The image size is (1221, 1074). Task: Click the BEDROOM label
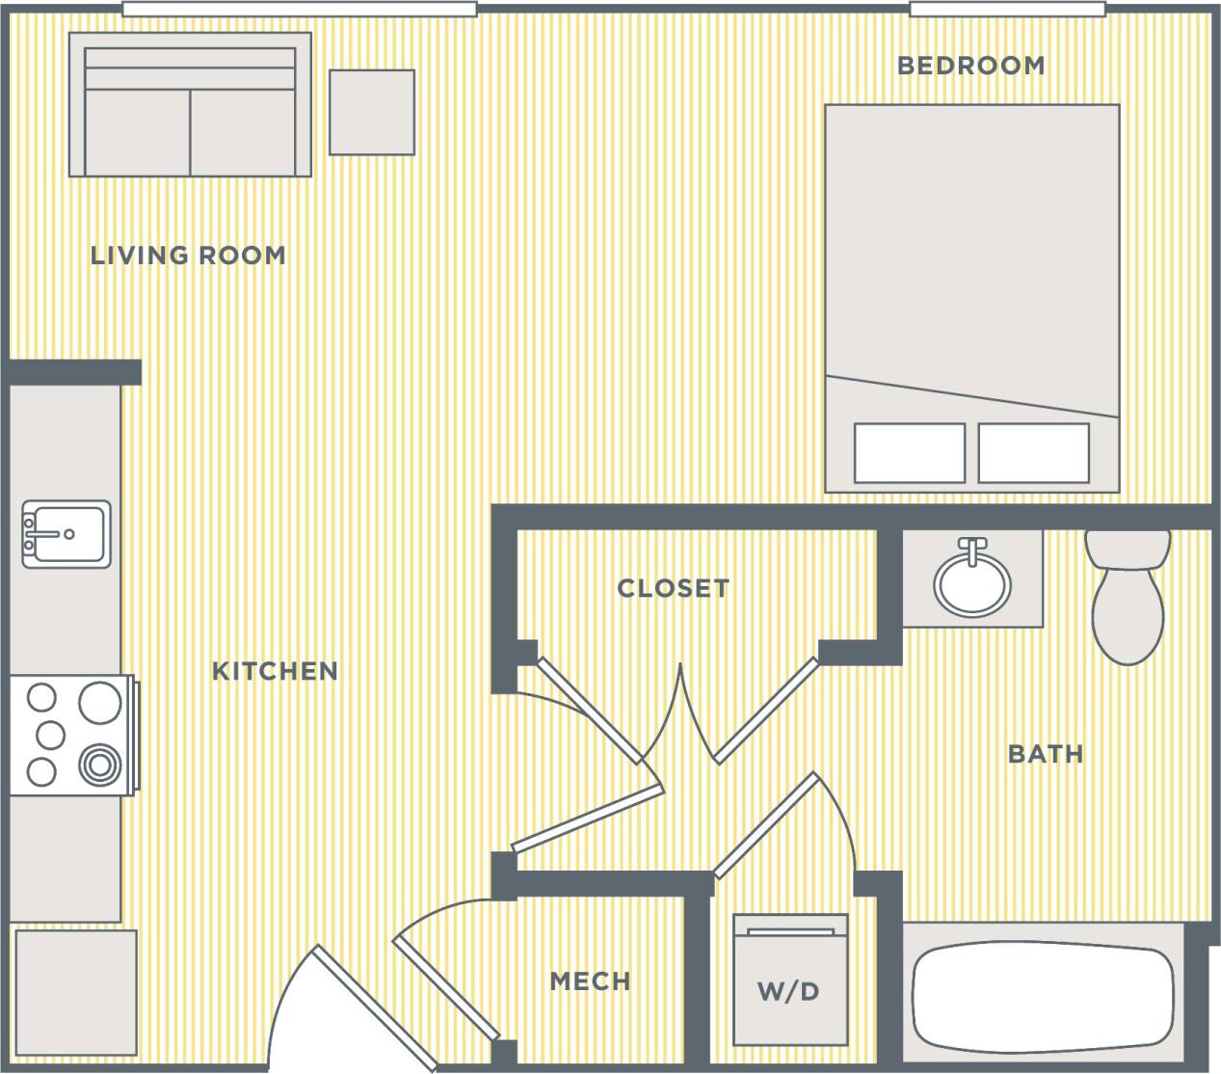click(x=970, y=66)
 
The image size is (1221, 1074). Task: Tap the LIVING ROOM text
click(x=188, y=255)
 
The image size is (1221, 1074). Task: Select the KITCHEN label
click(x=275, y=671)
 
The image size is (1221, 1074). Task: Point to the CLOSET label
click(x=673, y=588)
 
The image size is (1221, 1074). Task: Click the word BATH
click(x=1046, y=753)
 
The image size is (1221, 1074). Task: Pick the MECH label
click(x=590, y=981)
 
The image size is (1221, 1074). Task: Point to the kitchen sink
click(x=66, y=533)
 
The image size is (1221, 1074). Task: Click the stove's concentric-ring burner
click(x=99, y=766)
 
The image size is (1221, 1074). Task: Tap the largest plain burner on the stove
click(x=99, y=701)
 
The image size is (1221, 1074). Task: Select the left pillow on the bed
click(x=909, y=453)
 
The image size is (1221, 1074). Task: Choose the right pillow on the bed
click(x=1034, y=453)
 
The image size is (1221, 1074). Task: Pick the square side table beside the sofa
click(x=372, y=112)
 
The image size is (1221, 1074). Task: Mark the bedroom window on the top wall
click(x=1007, y=10)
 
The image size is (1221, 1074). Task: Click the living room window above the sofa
click(x=300, y=10)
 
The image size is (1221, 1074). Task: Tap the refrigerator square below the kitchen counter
click(x=75, y=991)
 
